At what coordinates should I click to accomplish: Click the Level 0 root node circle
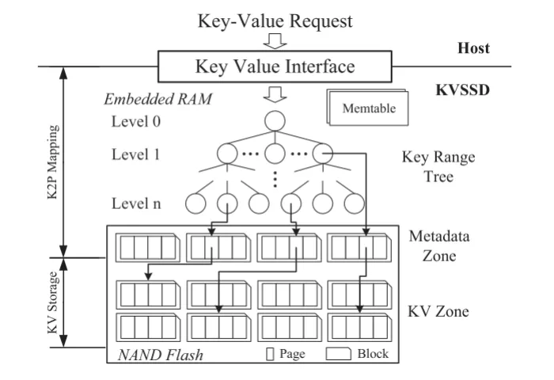[x=274, y=121]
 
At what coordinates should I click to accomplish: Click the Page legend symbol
[x=271, y=354]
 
